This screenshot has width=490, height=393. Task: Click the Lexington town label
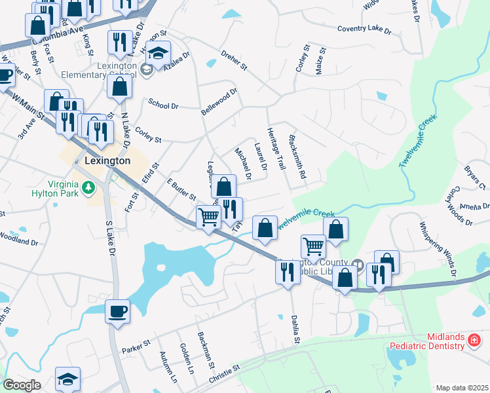point(107,160)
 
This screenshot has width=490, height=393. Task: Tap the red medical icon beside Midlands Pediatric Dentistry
point(473,340)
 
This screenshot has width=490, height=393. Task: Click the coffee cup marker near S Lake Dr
point(118,311)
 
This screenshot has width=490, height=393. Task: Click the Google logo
point(22,385)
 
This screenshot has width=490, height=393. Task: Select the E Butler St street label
point(181,189)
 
